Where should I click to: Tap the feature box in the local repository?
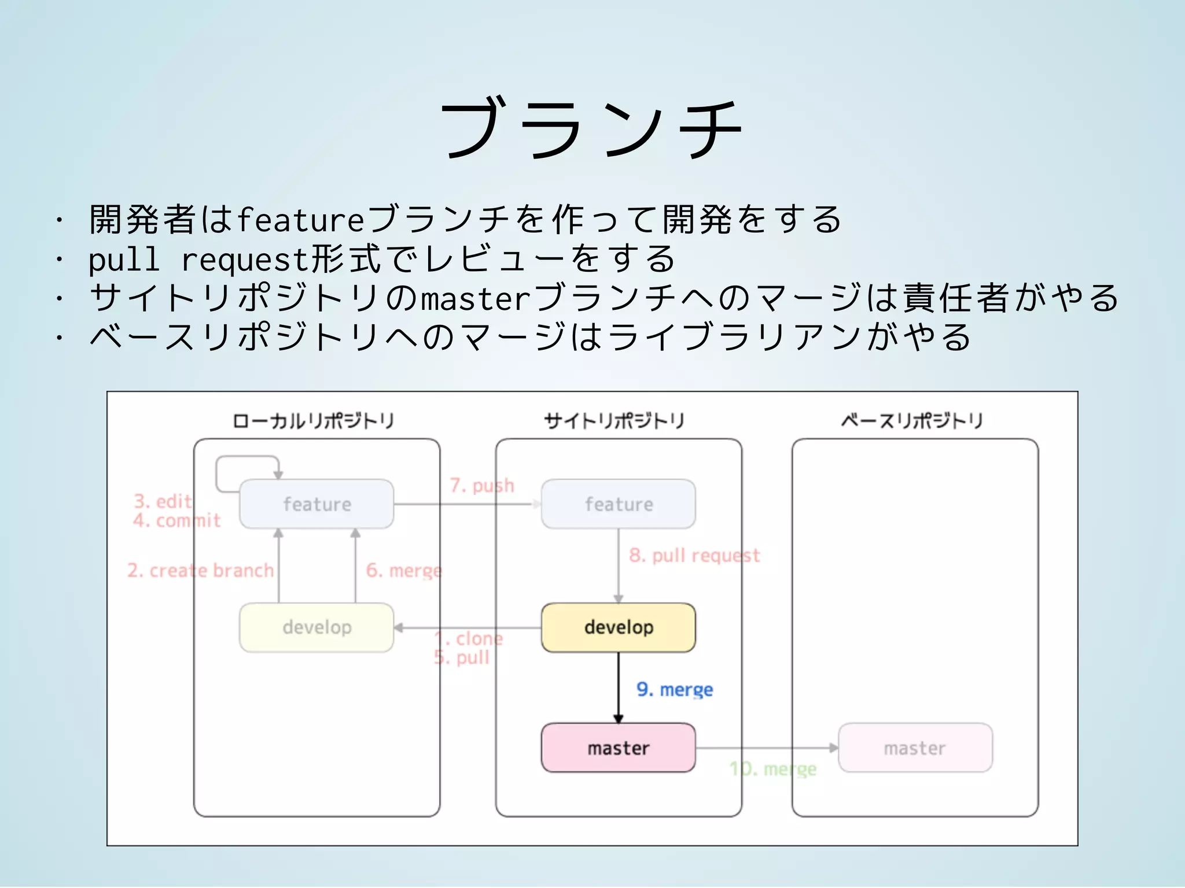click(x=317, y=504)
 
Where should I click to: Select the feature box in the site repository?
click(x=618, y=504)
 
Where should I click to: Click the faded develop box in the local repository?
click(x=317, y=627)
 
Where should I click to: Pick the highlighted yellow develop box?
click(x=618, y=627)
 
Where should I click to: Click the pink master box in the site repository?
click(x=618, y=748)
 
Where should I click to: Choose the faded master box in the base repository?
click(x=915, y=748)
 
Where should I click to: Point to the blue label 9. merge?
click(x=675, y=690)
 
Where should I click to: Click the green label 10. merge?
click(x=773, y=769)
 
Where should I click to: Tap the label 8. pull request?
click(x=694, y=556)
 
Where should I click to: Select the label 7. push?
click(x=482, y=486)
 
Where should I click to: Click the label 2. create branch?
click(x=200, y=571)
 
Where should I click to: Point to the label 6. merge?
click(x=404, y=571)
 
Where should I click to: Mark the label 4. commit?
click(x=176, y=521)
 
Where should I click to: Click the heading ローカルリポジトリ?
click(x=313, y=421)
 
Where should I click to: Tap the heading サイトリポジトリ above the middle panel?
click(x=614, y=421)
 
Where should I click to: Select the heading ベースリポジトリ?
click(x=912, y=421)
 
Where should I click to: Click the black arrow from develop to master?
click(x=618, y=688)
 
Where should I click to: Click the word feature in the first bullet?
click(x=300, y=220)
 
